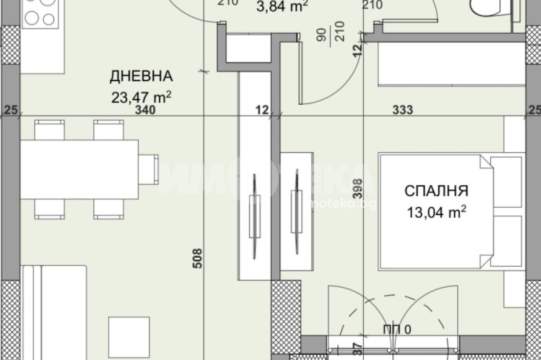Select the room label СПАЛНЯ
click(436, 192)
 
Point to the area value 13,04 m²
click(436, 211)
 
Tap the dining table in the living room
click(79, 169)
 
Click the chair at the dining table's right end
click(149, 169)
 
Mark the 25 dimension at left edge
click(9, 110)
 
